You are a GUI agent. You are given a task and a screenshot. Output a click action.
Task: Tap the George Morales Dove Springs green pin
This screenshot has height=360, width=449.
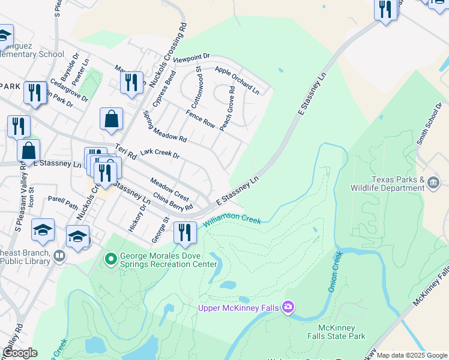(x=110, y=259)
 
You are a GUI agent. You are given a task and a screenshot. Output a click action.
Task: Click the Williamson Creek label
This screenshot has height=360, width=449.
(x=232, y=220)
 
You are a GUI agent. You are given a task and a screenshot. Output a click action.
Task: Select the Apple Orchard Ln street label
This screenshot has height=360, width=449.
(x=237, y=80)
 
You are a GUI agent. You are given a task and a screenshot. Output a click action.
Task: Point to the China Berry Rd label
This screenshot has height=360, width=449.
(x=172, y=201)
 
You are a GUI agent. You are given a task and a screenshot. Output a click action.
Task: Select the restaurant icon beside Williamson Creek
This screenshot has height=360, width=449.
(x=185, y=232)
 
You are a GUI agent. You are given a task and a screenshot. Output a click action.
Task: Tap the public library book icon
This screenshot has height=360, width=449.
(x=59, y=256)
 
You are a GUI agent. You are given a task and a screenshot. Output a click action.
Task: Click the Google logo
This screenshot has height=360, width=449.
(x=20, y=353)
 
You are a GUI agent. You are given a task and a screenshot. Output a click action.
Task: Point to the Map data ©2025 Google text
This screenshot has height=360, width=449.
(x=412, y=355)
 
